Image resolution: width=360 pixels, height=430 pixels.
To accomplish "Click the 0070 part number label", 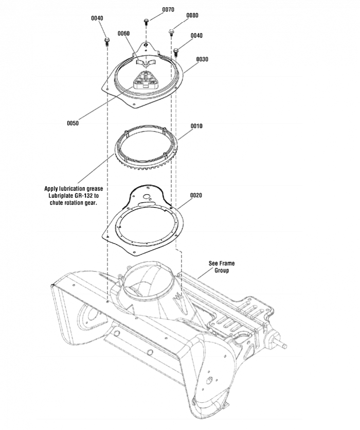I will tap(168, 10).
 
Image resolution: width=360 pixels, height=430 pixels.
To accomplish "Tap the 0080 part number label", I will tap(192, 15).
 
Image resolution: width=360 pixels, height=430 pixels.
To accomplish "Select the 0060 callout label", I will tap(123, 33).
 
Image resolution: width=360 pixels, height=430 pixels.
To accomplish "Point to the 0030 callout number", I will tap(202, 59).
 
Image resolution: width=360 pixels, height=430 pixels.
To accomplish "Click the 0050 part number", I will tap(73, 123).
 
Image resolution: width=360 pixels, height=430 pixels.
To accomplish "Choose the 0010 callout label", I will tap(196, 126).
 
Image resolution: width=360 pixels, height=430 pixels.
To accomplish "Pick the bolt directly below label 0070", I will tap(147, 22).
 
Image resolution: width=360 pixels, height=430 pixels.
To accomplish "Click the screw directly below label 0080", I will tap(171, 32).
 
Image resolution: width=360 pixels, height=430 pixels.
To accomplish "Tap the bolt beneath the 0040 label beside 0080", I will tap(176, 51).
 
